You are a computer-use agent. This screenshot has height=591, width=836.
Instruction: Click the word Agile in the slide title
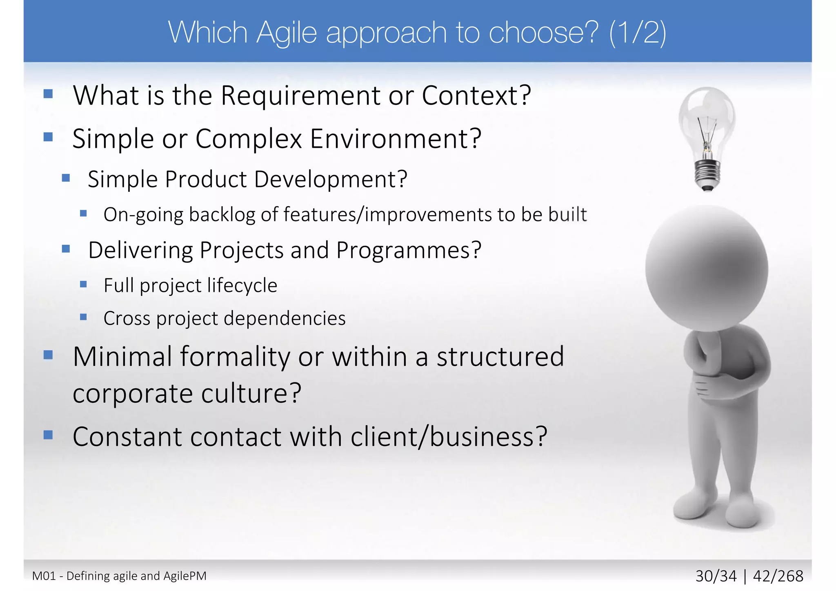tap(287, 33)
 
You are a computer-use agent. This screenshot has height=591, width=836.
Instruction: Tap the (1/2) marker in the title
tap(637, 33)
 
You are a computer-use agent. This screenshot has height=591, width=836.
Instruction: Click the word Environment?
tap(396, 139)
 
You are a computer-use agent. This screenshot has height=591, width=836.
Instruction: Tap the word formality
tap(235, 357)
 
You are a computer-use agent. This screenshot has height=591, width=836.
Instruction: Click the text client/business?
tap(449, 437)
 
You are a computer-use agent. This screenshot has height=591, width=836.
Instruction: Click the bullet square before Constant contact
tap(48, 435)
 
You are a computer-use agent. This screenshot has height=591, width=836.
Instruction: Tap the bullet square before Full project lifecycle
tap(83, 284)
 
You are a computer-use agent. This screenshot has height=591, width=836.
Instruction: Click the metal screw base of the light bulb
tap(707, 173)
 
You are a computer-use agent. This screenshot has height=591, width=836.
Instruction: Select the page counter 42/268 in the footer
tap(778, 576)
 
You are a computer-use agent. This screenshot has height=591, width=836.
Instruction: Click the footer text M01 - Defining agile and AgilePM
tap(119, 576)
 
